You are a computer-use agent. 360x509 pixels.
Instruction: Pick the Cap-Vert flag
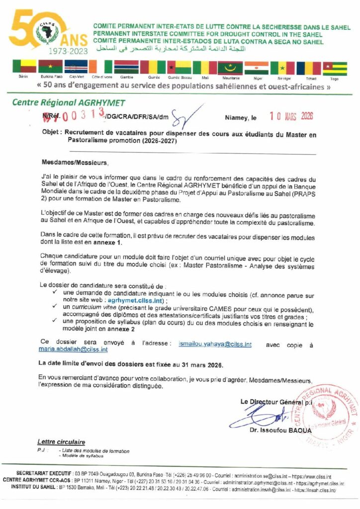point(76,67)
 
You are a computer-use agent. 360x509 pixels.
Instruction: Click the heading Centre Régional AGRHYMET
point(69,103)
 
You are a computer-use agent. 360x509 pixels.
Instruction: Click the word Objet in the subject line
point(51,135)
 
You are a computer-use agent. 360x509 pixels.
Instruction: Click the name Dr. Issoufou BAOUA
point(281,430)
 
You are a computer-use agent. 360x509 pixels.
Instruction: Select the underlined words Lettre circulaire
point(61,442)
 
